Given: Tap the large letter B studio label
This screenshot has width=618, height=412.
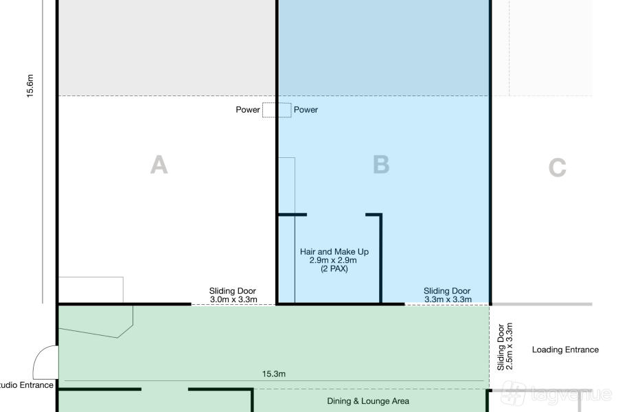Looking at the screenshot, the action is point(381,164).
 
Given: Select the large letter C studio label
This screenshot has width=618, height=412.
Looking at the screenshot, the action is point(558,167).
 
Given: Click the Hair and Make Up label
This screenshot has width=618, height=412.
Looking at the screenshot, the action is point(334,251).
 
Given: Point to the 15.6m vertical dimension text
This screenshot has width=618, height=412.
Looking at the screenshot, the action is point(30,86).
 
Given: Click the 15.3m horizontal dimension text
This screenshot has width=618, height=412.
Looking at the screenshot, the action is point(274,374).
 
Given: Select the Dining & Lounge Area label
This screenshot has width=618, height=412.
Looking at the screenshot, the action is point(368,401).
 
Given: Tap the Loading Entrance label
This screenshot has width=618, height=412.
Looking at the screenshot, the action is point(565,350).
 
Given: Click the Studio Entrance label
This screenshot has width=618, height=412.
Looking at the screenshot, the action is point(26,385).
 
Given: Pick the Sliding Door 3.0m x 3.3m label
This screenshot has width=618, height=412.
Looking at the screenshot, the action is point(233,295).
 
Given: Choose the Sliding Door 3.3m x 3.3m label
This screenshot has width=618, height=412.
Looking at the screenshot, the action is point(447,295).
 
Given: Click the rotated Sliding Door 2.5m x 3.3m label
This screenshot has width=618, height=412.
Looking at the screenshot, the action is point(505,347).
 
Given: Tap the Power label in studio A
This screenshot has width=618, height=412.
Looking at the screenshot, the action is point(248,110).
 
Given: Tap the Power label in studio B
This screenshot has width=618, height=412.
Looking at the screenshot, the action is point(306,110).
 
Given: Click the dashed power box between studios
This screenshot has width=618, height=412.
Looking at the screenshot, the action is point(277,110).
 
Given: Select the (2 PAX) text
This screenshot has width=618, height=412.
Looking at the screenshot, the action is point(334,269).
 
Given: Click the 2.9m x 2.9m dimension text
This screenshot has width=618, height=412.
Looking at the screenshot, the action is point(333,260).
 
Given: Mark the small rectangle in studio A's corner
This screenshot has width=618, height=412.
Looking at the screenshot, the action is point(91,290).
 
